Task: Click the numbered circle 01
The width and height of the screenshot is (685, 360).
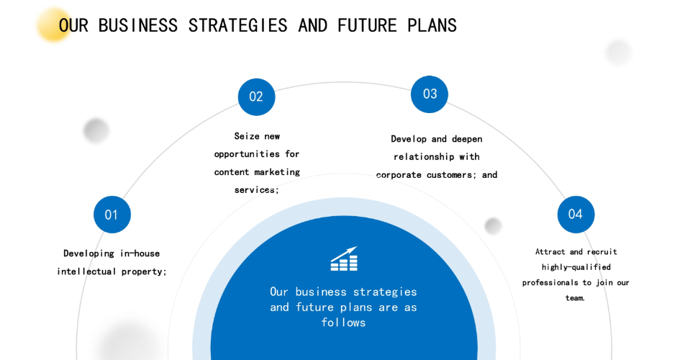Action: [x=112, y=215]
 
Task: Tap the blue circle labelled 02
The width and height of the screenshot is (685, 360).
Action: [x=256, y=97]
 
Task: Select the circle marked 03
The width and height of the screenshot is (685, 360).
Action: [x=430, y=94]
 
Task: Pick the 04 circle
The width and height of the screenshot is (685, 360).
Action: [x=576, y=214]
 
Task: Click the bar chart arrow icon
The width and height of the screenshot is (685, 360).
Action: [x=344, y=258]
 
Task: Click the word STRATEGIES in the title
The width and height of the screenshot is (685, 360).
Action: [x=237, y=25]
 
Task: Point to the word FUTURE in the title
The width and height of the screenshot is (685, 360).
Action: [x=367, y=25]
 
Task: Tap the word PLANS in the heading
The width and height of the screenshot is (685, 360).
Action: [x=432, y=25]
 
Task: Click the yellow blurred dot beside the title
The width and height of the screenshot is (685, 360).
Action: [x=53, y=24]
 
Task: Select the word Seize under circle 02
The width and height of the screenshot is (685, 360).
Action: [x=247, y=136]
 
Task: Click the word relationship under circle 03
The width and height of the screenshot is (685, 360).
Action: [x=424, y=157]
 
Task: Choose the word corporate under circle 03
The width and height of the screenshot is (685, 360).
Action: [x=399, y=175]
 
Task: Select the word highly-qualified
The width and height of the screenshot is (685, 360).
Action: [x=576, y=267]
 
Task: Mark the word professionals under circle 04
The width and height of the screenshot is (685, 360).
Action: [x=550, y=283]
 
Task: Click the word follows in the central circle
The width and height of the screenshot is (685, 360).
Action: [x=343, y=323]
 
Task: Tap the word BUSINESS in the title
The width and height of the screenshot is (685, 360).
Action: [x=138, y=25]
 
